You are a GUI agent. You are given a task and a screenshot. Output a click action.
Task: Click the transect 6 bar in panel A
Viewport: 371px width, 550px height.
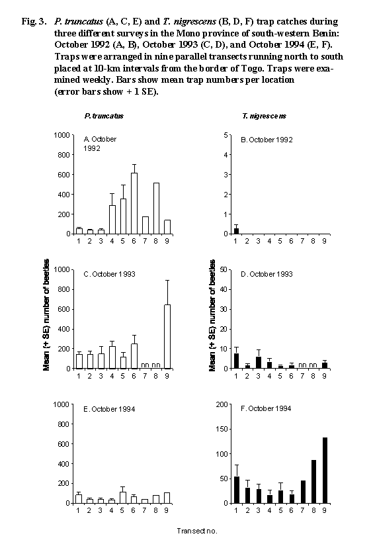point(134,203)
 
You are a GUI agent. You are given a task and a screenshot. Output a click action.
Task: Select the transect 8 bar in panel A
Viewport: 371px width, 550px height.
point(156,208)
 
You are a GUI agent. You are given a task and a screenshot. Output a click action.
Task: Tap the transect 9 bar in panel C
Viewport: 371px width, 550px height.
point(167,337)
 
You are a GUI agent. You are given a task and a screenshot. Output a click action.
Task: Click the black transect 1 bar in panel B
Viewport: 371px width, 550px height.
point(236,231)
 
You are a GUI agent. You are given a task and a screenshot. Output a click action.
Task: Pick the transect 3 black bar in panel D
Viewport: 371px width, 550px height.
point(259,363)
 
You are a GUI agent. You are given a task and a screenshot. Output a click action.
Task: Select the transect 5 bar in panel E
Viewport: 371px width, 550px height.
point(122,498)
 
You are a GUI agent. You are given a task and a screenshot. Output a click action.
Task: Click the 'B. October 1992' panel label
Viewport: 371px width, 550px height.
point(267,140)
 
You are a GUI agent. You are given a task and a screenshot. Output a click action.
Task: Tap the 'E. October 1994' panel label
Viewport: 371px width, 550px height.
point(109,409)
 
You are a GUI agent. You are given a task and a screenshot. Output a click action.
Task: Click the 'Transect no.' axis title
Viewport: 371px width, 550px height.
point(197,531)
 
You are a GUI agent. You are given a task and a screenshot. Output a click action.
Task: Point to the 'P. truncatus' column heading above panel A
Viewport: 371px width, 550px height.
point(104,116)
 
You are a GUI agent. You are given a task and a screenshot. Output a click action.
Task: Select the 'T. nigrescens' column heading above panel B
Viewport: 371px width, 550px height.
point(264,116)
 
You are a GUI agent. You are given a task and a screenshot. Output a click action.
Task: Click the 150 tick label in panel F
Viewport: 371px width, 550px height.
point(222,429)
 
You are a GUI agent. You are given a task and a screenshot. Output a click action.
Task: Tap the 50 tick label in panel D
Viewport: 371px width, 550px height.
point(223,269)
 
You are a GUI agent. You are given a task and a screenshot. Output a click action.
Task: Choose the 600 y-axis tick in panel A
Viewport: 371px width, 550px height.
point(63,174)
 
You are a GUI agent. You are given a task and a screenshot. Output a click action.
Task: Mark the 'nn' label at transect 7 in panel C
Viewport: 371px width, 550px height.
point(145,365)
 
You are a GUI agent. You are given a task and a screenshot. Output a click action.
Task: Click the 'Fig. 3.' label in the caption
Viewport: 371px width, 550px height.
point(34,21)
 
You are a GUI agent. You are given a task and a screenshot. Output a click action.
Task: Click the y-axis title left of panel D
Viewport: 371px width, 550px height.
point(212,315)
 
